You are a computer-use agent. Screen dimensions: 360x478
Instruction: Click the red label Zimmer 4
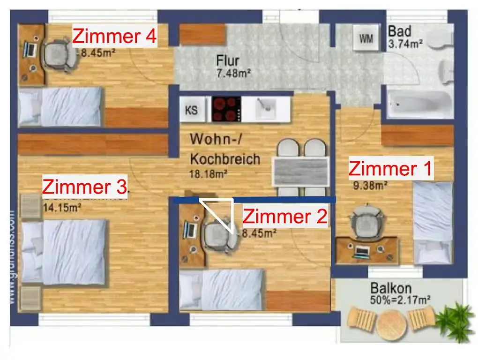(114, 36)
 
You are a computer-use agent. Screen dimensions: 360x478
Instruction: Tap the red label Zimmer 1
(391, 169)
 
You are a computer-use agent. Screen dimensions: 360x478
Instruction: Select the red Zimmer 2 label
(284, 217)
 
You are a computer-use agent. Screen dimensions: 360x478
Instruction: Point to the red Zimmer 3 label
(84, 187)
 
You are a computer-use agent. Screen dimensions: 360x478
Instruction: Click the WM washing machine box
(366, 39)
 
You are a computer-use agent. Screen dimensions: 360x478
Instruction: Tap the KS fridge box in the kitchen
(192, 111)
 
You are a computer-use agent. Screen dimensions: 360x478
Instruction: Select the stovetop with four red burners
(226, 109)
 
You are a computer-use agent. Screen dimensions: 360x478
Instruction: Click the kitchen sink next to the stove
(268, 109)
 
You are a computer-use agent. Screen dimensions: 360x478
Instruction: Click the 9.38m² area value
(370, 185)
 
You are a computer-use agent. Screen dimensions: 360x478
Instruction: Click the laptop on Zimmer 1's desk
(362, 251)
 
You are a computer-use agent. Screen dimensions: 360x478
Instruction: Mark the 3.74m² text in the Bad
(405, 45)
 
